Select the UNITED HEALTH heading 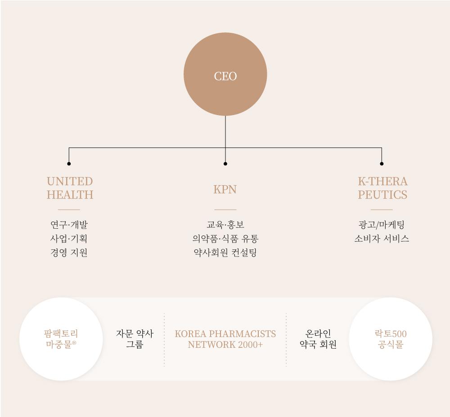[x=70, y=188]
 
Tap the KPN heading [x=225, y=189]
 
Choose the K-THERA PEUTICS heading [x=382, y=188]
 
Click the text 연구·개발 [x=69, y=225]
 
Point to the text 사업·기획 [x=69, y=239]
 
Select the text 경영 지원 [x=69, y=253]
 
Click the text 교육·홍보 [x=225, y=225]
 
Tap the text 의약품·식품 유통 [x=225, y=239]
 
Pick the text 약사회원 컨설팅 [x=225, y=253]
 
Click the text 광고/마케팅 [x=382, y=225]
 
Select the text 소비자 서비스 [x=382, y=239]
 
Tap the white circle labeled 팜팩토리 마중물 [x=61, y=339]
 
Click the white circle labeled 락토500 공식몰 [x=390, y=339]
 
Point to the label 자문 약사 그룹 [x=135, y=339]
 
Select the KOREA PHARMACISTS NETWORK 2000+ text [x=225, y=339]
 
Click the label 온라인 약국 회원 [x=318, y=339]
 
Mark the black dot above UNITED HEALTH [x=69, y=164]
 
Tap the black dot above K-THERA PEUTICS [x=382, y=164]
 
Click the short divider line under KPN [x=225, y=209]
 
